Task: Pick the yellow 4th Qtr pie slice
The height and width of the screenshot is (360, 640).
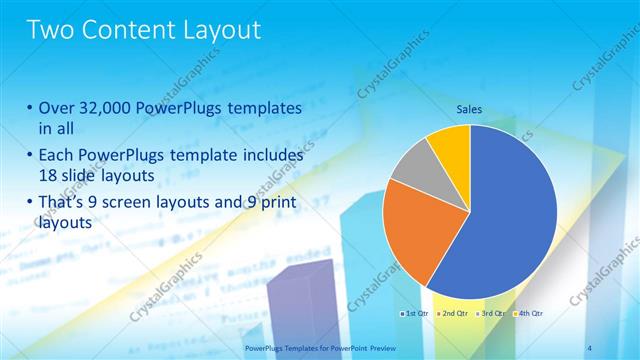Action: click(450, 144)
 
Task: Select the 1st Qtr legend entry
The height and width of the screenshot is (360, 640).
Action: click(414, 314)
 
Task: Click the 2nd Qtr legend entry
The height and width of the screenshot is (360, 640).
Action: click(451, 314)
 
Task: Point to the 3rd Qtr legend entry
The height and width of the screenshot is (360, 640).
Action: click(489, 314)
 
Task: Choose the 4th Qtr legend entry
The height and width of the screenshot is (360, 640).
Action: click(527, 314)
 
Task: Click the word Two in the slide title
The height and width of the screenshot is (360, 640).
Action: click(50, 30)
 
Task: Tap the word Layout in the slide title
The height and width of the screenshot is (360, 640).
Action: click(217, 30)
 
